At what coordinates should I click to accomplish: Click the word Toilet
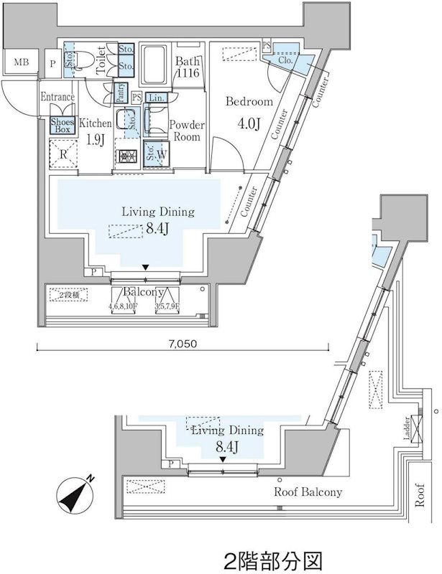tap(101, 58)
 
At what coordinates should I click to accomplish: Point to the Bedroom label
tap(249, 102)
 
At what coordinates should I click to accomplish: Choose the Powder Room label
tap(187, 131)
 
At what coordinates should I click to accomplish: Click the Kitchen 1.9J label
tap(95, 131)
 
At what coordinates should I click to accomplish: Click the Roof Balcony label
tap(308, 493)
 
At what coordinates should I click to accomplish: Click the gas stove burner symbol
tap(127, 156)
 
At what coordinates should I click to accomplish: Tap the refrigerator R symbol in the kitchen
tap(63, 153)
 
